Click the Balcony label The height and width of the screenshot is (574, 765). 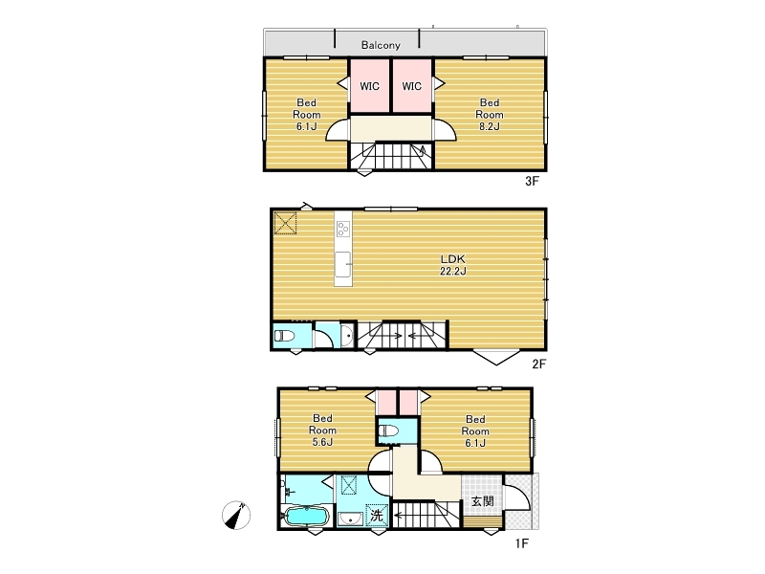pos(381,45)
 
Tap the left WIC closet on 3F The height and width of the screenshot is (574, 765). pos(369,86)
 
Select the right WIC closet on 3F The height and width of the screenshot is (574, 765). pos(412,86)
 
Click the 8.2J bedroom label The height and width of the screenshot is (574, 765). pos(490,114)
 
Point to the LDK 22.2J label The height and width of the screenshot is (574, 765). pos(453,265)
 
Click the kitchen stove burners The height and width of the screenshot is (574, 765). pos(343,228)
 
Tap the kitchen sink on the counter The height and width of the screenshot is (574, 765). pos(343,265)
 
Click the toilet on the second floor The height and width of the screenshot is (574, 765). pos(284,336)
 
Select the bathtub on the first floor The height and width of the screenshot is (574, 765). pos(306,516)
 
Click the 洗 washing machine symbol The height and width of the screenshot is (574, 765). pos(377,515)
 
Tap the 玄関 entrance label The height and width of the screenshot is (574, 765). pos(483,501)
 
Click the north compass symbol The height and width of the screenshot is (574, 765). pos(236,515)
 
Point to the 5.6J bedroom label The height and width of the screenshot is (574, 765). pos(322,430)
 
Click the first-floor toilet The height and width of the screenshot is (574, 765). pos(389,431)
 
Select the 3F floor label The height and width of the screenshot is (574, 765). pos(532,181)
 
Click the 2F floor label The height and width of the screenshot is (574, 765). pos(538,364)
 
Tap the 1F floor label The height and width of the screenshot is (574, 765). pos(521,542)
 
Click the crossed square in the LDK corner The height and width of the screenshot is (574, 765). pos(285,223)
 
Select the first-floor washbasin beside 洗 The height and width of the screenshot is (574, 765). pos(349,519)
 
